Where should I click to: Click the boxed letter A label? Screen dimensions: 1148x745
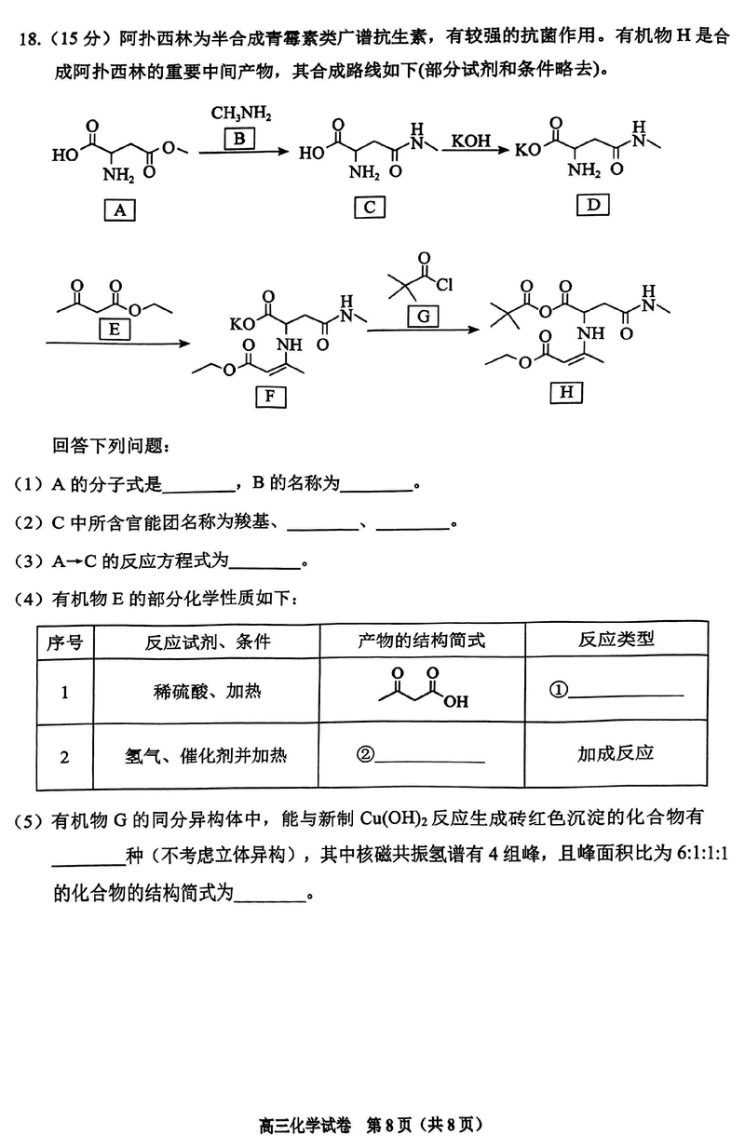(119, 210)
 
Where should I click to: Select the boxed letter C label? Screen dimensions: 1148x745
(369, 207)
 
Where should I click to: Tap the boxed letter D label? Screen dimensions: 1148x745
(593, 204)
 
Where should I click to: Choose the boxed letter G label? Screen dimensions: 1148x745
(423, 317)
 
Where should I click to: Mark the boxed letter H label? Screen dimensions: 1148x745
(565, 392)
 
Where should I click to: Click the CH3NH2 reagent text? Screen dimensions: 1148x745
(240, 114)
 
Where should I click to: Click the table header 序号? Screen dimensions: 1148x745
(64, 641)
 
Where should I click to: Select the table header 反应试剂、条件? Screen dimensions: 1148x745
(207, 641)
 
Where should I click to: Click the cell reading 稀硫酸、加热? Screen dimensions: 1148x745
(207, 692)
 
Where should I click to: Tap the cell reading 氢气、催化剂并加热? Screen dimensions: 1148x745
(206, 755)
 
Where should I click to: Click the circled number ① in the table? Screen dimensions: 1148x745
(558, 691)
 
